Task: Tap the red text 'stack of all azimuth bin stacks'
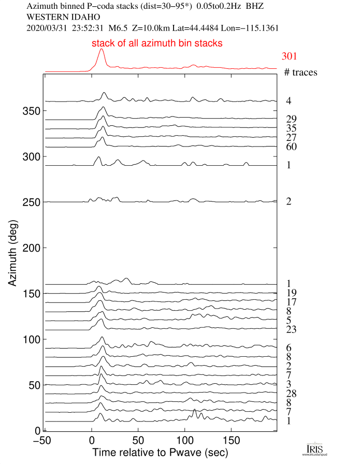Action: point(157,44)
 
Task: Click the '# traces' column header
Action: point(300,72)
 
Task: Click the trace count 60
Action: point(291,147)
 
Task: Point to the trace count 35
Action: point(291,128)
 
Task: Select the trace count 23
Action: point(291,329)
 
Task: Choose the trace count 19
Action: point(291,293)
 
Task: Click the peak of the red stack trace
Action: point(101,50)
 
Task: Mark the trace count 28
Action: point(291,394)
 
